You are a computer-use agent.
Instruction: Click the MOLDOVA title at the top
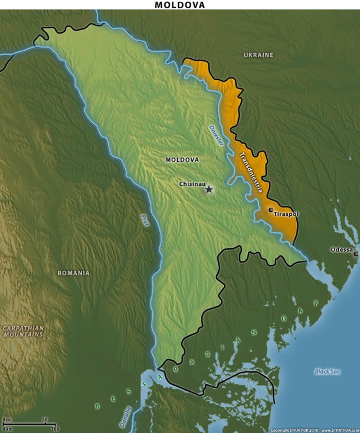(180, 5)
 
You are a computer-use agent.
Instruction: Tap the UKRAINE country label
(258, 55)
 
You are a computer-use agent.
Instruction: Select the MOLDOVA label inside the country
(182, 160)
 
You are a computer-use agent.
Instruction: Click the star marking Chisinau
(209, 189)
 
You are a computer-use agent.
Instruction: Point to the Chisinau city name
(192, 184)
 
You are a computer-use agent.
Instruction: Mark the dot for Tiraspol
(271, 209)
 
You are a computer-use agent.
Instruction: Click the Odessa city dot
(355, 254)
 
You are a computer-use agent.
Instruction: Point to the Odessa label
(341, 250)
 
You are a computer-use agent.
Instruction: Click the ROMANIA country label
(73, 273)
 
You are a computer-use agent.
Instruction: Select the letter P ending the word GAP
(316, 302)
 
